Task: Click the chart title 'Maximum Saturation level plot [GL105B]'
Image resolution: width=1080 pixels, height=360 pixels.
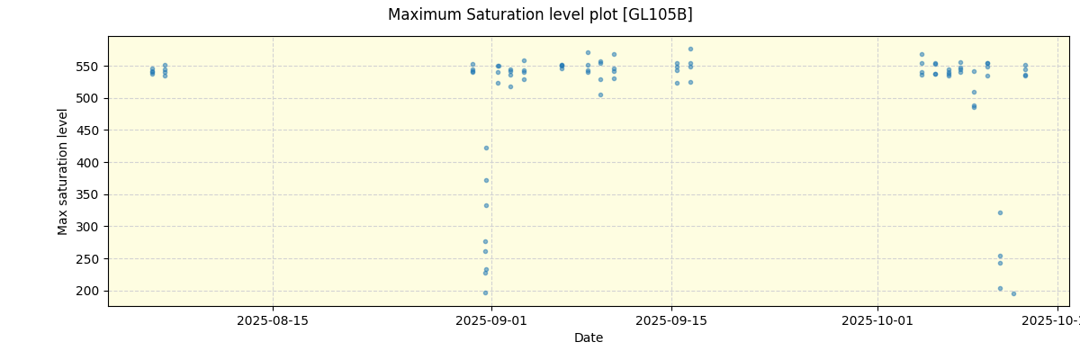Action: tap(540, 15)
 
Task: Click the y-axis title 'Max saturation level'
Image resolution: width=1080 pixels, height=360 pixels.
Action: tap(63, 171)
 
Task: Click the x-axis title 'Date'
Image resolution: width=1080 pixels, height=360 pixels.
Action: tap(589, 338)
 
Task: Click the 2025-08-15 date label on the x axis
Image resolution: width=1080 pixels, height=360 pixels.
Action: tap(273, 320)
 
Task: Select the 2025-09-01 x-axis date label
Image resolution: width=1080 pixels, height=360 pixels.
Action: tap(491, 320)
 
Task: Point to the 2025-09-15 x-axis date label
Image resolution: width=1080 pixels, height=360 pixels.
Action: tap(671, 320)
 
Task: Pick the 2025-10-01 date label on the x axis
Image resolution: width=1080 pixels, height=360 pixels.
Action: tap(877, 320)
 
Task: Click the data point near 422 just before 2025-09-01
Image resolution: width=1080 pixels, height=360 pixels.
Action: tap(486, 148)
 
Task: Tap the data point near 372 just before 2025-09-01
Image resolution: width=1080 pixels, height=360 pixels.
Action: tap(486, 180)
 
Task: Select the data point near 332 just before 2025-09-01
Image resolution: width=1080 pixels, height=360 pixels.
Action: tap(486, 205)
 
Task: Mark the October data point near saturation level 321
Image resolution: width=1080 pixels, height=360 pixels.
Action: tap(1000, 212)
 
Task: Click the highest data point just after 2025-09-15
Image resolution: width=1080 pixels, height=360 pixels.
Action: tap(690, 49)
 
